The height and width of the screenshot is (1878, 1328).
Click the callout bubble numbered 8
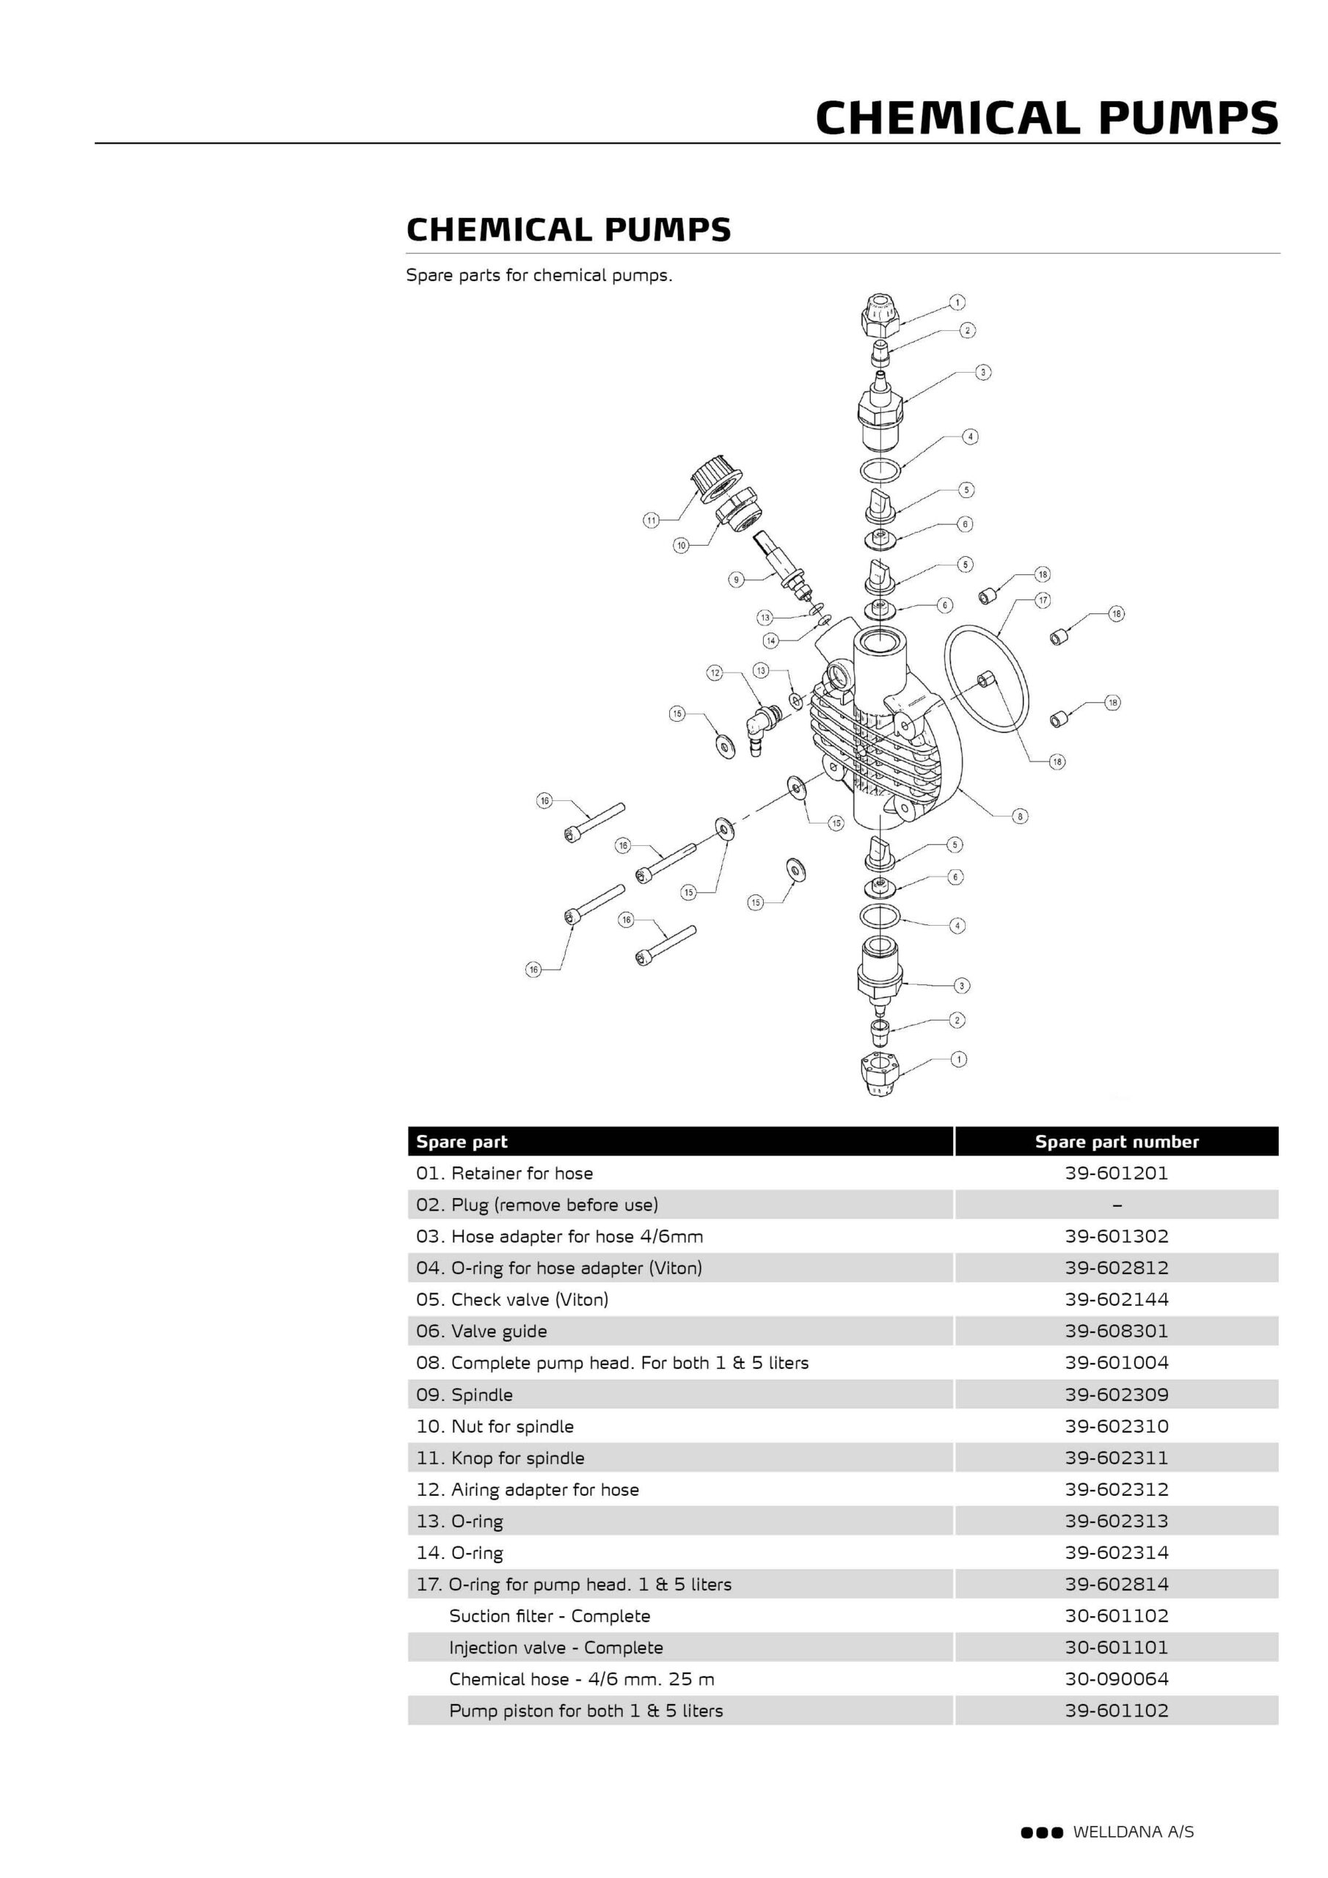(1020, 816)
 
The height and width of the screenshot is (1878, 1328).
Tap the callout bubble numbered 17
(1043, 600)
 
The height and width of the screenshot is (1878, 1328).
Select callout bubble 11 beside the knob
(651, 520)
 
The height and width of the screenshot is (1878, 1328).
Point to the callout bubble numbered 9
(736, 580)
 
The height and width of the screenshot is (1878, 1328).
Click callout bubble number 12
(715, 673)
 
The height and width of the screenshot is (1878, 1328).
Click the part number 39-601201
(1116, 1173)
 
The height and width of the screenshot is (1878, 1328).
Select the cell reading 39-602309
(1116, 1395)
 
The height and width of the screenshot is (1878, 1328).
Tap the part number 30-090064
(1116, 1679)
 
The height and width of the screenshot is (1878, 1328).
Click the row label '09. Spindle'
(464, 1395)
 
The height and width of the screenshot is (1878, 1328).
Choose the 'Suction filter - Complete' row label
(549, 1616)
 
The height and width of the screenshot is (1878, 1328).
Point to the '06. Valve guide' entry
(481, 1331)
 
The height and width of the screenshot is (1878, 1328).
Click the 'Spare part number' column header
(1116, 1142)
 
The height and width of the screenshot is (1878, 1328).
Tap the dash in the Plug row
(1117, 1205)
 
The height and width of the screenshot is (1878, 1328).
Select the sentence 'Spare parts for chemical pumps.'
(539, 276)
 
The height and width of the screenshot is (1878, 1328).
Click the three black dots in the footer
(1041, 1833)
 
